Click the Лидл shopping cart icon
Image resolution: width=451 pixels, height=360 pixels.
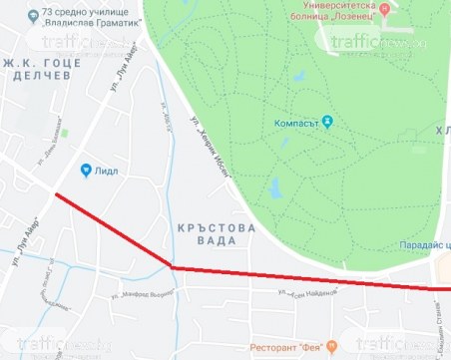(87, 170)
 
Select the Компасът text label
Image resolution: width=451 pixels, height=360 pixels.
(298, 123)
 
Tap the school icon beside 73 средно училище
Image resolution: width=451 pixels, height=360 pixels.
(34, 17)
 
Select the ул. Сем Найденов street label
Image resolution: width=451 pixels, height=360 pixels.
(313, 293)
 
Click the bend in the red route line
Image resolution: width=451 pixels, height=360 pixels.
(174, 267)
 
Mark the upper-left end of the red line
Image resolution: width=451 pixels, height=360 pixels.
(55, 193)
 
